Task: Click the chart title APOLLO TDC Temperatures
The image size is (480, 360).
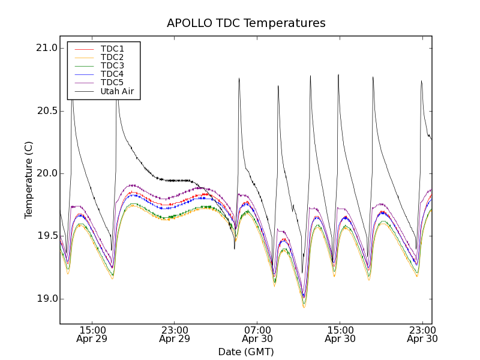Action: point(246,23)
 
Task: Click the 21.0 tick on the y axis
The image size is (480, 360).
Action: point(46,48)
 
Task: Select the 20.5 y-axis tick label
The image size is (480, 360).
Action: point(46,111)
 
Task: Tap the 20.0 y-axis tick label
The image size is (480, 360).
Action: point(46,173)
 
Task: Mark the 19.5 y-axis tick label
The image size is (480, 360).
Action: point(46,236)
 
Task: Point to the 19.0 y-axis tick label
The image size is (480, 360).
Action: point(46,299)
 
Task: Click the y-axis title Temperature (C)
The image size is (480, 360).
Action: point(29,180)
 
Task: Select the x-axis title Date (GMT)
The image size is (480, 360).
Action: point(246,352)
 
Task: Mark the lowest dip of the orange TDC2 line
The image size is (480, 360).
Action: point(304,307)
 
